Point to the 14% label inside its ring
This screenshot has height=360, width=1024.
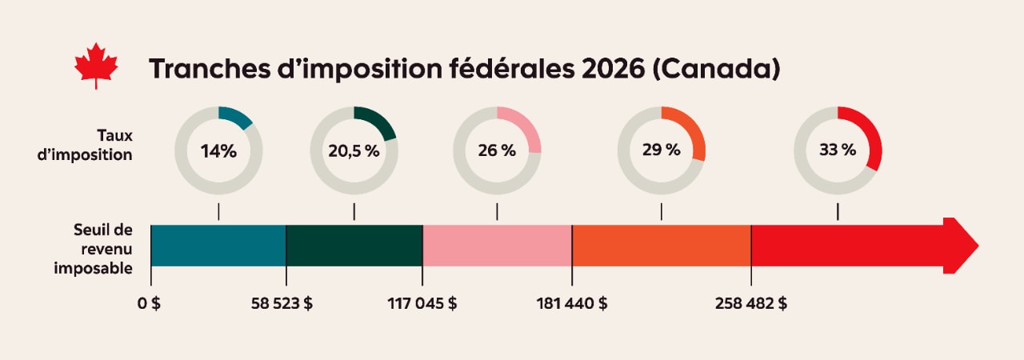click(x=218, y=150)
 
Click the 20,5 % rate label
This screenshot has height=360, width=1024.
click(x=354, y=150)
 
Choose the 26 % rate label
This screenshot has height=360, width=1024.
click(x=497, y=150)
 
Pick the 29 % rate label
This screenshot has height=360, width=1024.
click(x=662, y=150)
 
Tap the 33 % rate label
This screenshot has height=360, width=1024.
click(x=838, y=150)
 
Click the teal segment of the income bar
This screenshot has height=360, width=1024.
click(x=218, y=246)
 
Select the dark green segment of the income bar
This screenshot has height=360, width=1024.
click(x=354, y=246)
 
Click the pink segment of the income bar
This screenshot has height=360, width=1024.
click(x=497, y=246)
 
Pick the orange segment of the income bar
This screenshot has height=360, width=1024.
click(x=662, y=246)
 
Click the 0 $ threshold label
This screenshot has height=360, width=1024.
click(x=150, y=304)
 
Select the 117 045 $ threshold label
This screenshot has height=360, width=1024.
click(x=422, y=304)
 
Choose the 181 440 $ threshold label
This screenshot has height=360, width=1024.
click(x=572, y=304)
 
